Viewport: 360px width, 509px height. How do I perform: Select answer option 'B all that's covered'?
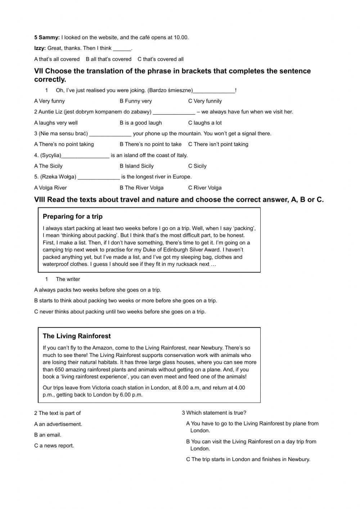(108, 59)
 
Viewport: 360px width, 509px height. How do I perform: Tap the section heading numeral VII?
(39, 71)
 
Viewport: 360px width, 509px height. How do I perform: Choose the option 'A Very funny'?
(49, 101)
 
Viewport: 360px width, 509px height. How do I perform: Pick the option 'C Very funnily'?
(205, 101)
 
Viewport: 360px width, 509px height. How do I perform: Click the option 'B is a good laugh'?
(141, 123)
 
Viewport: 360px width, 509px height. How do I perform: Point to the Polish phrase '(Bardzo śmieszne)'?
(170, 90)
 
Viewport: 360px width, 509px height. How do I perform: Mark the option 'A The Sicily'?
(48, 166)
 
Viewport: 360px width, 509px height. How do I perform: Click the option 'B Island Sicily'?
(136, 166)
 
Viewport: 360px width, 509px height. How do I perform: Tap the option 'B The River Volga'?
(141, 188)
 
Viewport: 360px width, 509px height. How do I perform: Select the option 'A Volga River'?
(50, 188)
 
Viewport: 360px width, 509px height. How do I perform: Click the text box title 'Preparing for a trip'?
(72, 216)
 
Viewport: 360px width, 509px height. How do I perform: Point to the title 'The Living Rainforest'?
(77, 336)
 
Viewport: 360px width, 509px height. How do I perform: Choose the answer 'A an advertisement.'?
(58, 424)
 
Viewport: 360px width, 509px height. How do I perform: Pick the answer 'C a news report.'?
(54, 446)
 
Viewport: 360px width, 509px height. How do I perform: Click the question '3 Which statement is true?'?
(214, 413)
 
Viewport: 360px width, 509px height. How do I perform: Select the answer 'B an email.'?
(48, 435)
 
